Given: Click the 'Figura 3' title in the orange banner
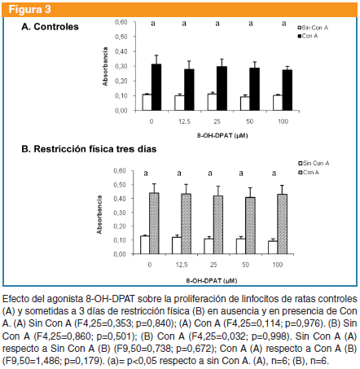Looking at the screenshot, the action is pos(29,10).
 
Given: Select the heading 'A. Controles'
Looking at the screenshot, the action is pos(50,27).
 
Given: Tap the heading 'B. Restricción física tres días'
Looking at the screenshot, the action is pos(89,149).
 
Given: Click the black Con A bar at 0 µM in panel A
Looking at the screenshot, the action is pos(156,87).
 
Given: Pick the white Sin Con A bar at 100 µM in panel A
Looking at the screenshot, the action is pos(278,103).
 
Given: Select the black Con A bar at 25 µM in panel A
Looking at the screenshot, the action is pos(222,88).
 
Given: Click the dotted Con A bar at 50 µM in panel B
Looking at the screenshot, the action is pos(250,226).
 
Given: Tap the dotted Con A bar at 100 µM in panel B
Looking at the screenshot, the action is pos(283,224).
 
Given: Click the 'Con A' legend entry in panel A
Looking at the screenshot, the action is pos(308,36).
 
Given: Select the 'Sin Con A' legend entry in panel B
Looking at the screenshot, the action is pos(314,163).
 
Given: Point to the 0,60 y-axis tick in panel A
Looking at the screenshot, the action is pos(121,22).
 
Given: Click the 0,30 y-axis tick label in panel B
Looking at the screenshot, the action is pos(120,213).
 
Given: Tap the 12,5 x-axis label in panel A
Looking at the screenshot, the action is pos(184,121).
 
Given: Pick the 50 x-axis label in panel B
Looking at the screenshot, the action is pos(245,265).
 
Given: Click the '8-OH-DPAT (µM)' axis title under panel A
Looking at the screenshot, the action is pos(222,135).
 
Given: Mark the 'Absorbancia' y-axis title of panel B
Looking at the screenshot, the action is pos(99,214).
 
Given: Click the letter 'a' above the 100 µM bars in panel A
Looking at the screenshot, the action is pos(283,24).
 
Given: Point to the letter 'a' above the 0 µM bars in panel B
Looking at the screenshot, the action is pos(146,174).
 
